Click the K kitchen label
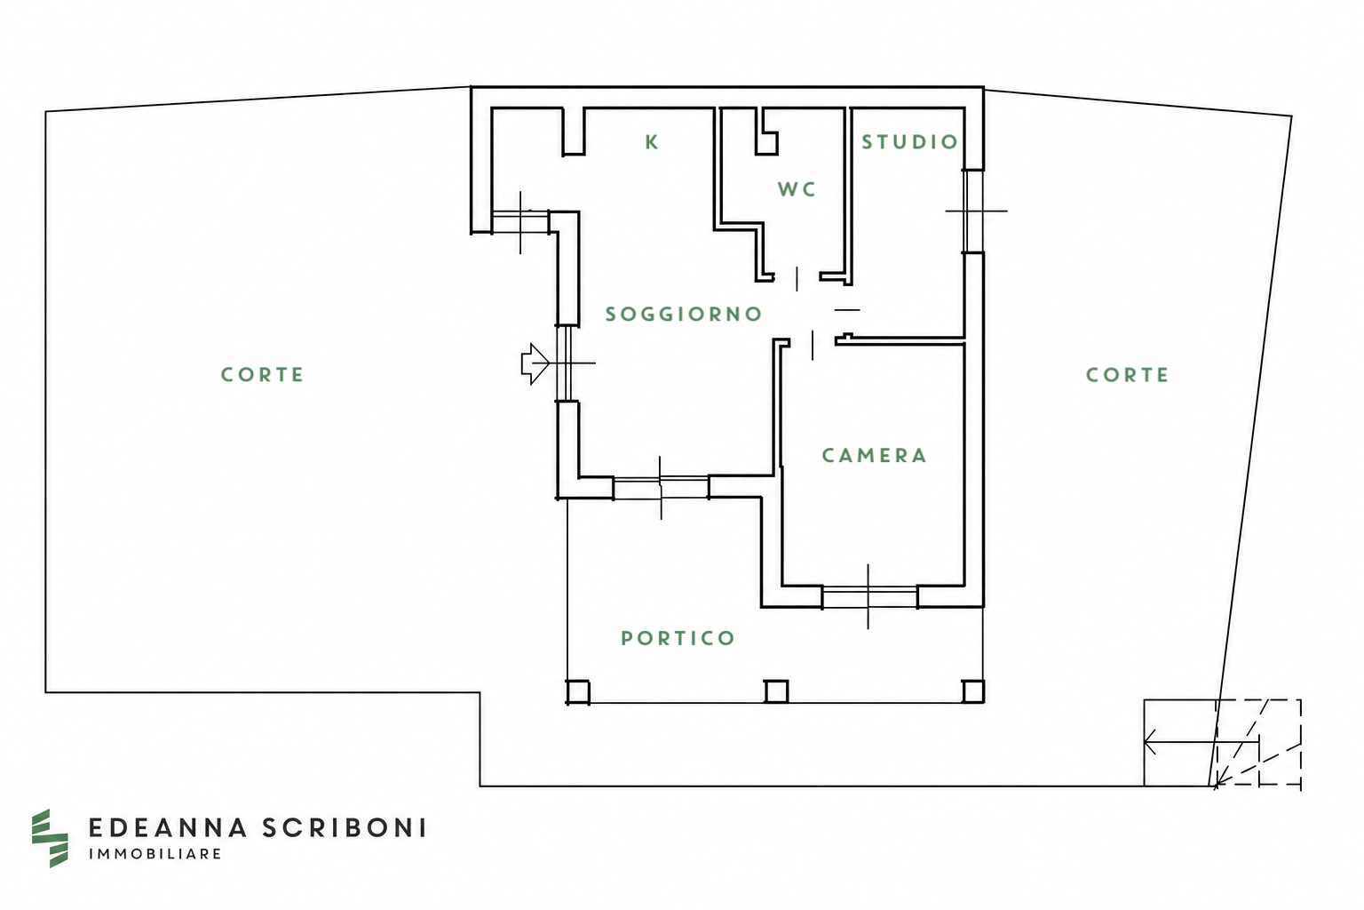(652, 142)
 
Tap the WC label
(797, 189)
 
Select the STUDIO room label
(909, 142)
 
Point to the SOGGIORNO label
(683, 314)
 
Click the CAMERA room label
(875, 455)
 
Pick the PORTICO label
(678, 638)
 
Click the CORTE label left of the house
(262, 374)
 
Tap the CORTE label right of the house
(1127, 375)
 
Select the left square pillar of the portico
(578, 691)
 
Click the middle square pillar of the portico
(776, 691)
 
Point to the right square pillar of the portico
(973, 691)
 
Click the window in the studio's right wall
(973, 211)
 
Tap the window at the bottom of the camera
(869, 596)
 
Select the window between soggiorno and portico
(661, 488)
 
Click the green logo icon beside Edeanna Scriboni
(50, 838)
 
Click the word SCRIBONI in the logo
(344, 827)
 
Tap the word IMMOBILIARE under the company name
(155, 854)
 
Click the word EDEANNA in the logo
(168, 827)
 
